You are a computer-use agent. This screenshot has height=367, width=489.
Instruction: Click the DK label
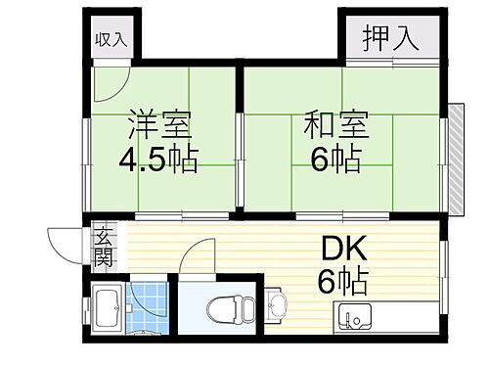coord(340,251)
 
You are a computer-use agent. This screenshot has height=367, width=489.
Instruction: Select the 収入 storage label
coord(111,40)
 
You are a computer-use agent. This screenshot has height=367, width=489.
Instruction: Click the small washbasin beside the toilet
coord(273,305)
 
